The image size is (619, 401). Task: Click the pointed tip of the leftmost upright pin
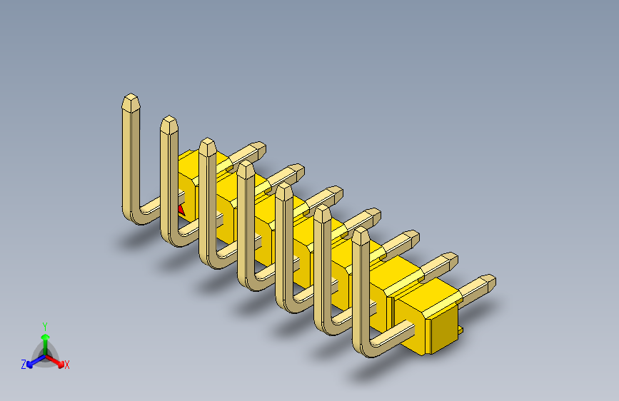(x=131, y=98)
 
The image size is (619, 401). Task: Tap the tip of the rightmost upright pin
(x=361, y=235)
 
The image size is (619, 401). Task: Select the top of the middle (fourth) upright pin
(x=246, y=167)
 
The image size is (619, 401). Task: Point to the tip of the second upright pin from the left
(x=169, y=121)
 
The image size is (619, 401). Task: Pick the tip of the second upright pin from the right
(x=322, y=212)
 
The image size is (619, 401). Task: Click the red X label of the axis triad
(x=67, y=365)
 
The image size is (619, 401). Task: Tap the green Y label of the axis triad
(x=44, y=325)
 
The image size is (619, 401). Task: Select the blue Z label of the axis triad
(x=24, y=365)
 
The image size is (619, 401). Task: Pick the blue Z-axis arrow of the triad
(x=33, y=360)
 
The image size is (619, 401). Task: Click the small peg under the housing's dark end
(x=461, y=330)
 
